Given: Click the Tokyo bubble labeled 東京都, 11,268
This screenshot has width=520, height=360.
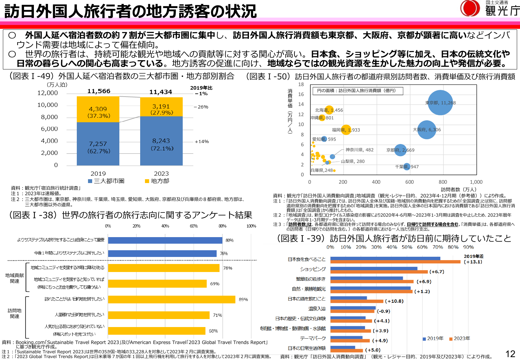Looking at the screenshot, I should pyautogui.click(x=440, y=103).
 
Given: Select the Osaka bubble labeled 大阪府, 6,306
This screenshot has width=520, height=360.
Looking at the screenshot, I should pyautogui.click(x=427, y=130).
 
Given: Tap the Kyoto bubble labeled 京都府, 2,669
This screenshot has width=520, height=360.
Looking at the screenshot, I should pyautogui.click(x=400, y=150).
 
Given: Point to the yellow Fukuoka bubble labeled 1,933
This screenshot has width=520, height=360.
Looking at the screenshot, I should pyautogui.click(x=346, y=130).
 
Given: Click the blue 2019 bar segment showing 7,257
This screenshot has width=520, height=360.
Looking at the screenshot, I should pyautogui.click(x=98, y=144).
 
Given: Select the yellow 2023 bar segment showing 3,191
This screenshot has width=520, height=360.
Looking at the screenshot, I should pyautogui.click(x=161, y=107).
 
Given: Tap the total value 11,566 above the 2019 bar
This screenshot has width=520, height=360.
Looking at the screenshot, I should pyautogui.click(x=99, y=91).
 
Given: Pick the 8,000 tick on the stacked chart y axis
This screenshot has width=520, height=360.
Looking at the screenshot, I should pyautogui.click(x=49, y=117).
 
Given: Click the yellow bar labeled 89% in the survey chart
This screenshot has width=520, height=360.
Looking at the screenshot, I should pyautogui.click(x=172, y=300).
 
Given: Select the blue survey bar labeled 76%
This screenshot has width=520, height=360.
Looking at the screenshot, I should pyautogui.click(x=162, y=253).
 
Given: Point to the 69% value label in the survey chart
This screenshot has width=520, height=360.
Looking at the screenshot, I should pyautogui.click(x=215, y=284).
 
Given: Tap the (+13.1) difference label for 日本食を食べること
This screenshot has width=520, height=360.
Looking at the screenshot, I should pyautogui.click(x=473, y=262).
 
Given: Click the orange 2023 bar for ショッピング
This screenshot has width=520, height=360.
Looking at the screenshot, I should pyautogui.click(x=379, y=272).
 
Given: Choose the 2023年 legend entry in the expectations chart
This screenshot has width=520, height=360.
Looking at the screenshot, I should pyautogui.click(x=460, y=339).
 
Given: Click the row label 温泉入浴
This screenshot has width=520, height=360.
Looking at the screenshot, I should pyautogui.click(x=317, y=309).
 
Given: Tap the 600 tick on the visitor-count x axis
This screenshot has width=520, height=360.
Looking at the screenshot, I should pyautogui.click(x=409, y=182).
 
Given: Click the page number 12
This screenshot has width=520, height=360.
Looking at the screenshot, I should pyautogui.click(x=510, y=354).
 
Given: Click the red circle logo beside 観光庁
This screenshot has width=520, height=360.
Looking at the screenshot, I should pyautogui.click(x=469, y=8).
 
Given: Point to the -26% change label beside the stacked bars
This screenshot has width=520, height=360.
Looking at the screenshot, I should pyautogui.click(x=201, y=107).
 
